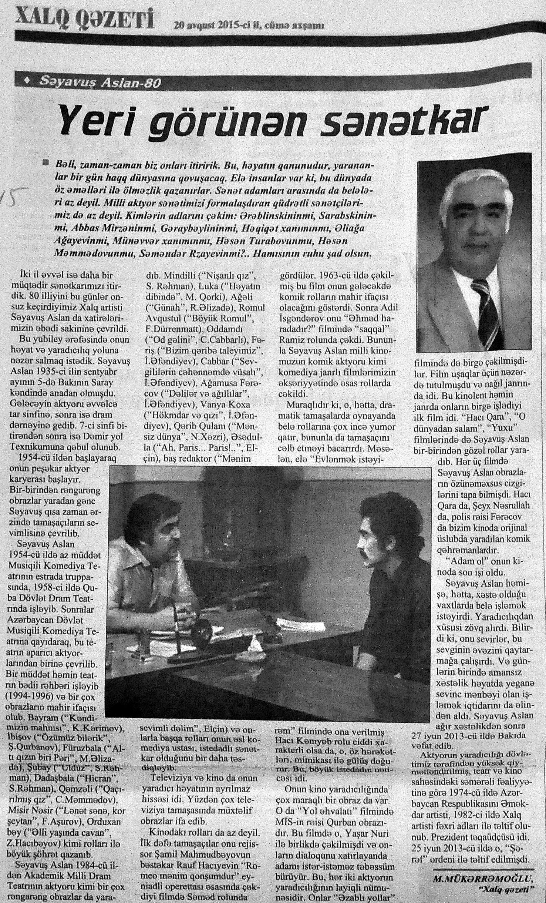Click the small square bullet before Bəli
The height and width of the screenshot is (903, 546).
[46, 162]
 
